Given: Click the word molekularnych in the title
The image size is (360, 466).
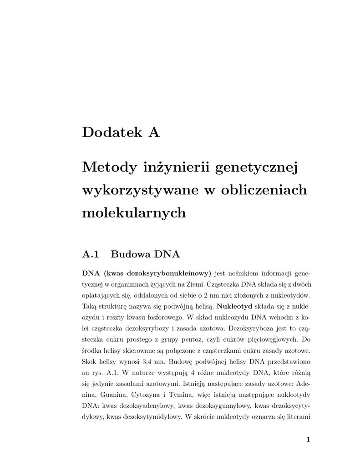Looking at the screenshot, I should click(134, 213).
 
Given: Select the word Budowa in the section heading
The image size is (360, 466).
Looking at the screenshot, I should click(131, 254).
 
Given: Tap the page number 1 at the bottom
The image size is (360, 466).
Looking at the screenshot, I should click(308, 440).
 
